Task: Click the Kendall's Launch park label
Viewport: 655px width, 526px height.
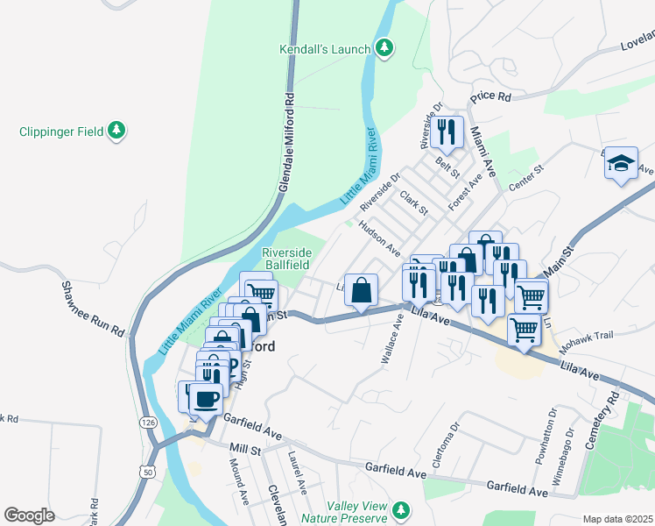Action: (x=325, y=49)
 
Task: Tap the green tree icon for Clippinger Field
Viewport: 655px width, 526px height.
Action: (x=116, y=131)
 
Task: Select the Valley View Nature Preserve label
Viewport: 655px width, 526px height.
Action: (x=359, y=513)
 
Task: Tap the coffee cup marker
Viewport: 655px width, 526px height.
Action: (x=206, y=399)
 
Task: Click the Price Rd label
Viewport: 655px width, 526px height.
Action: (x=490, y=96)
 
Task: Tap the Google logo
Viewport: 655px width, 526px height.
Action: (x=29, y=515)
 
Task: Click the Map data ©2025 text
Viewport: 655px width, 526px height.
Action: (x=616, y=519)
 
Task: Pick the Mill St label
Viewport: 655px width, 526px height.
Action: (x=246, y=450)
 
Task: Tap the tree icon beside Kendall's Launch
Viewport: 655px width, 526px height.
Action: (x=384, y=47)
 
